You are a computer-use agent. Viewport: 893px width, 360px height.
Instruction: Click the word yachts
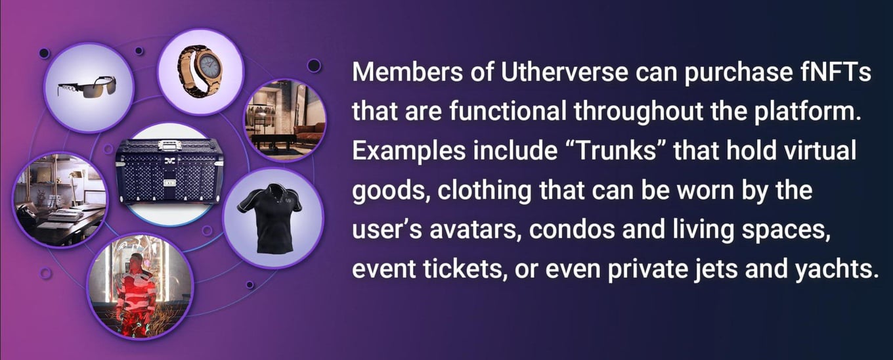click(837, 269)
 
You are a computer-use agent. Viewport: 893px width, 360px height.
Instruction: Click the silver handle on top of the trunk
click(170, 145)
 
